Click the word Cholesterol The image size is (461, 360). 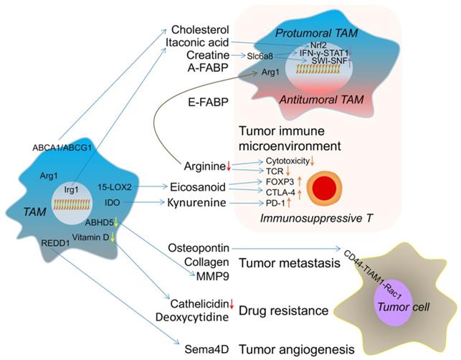[201, 29]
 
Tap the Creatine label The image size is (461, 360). [207, 55]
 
